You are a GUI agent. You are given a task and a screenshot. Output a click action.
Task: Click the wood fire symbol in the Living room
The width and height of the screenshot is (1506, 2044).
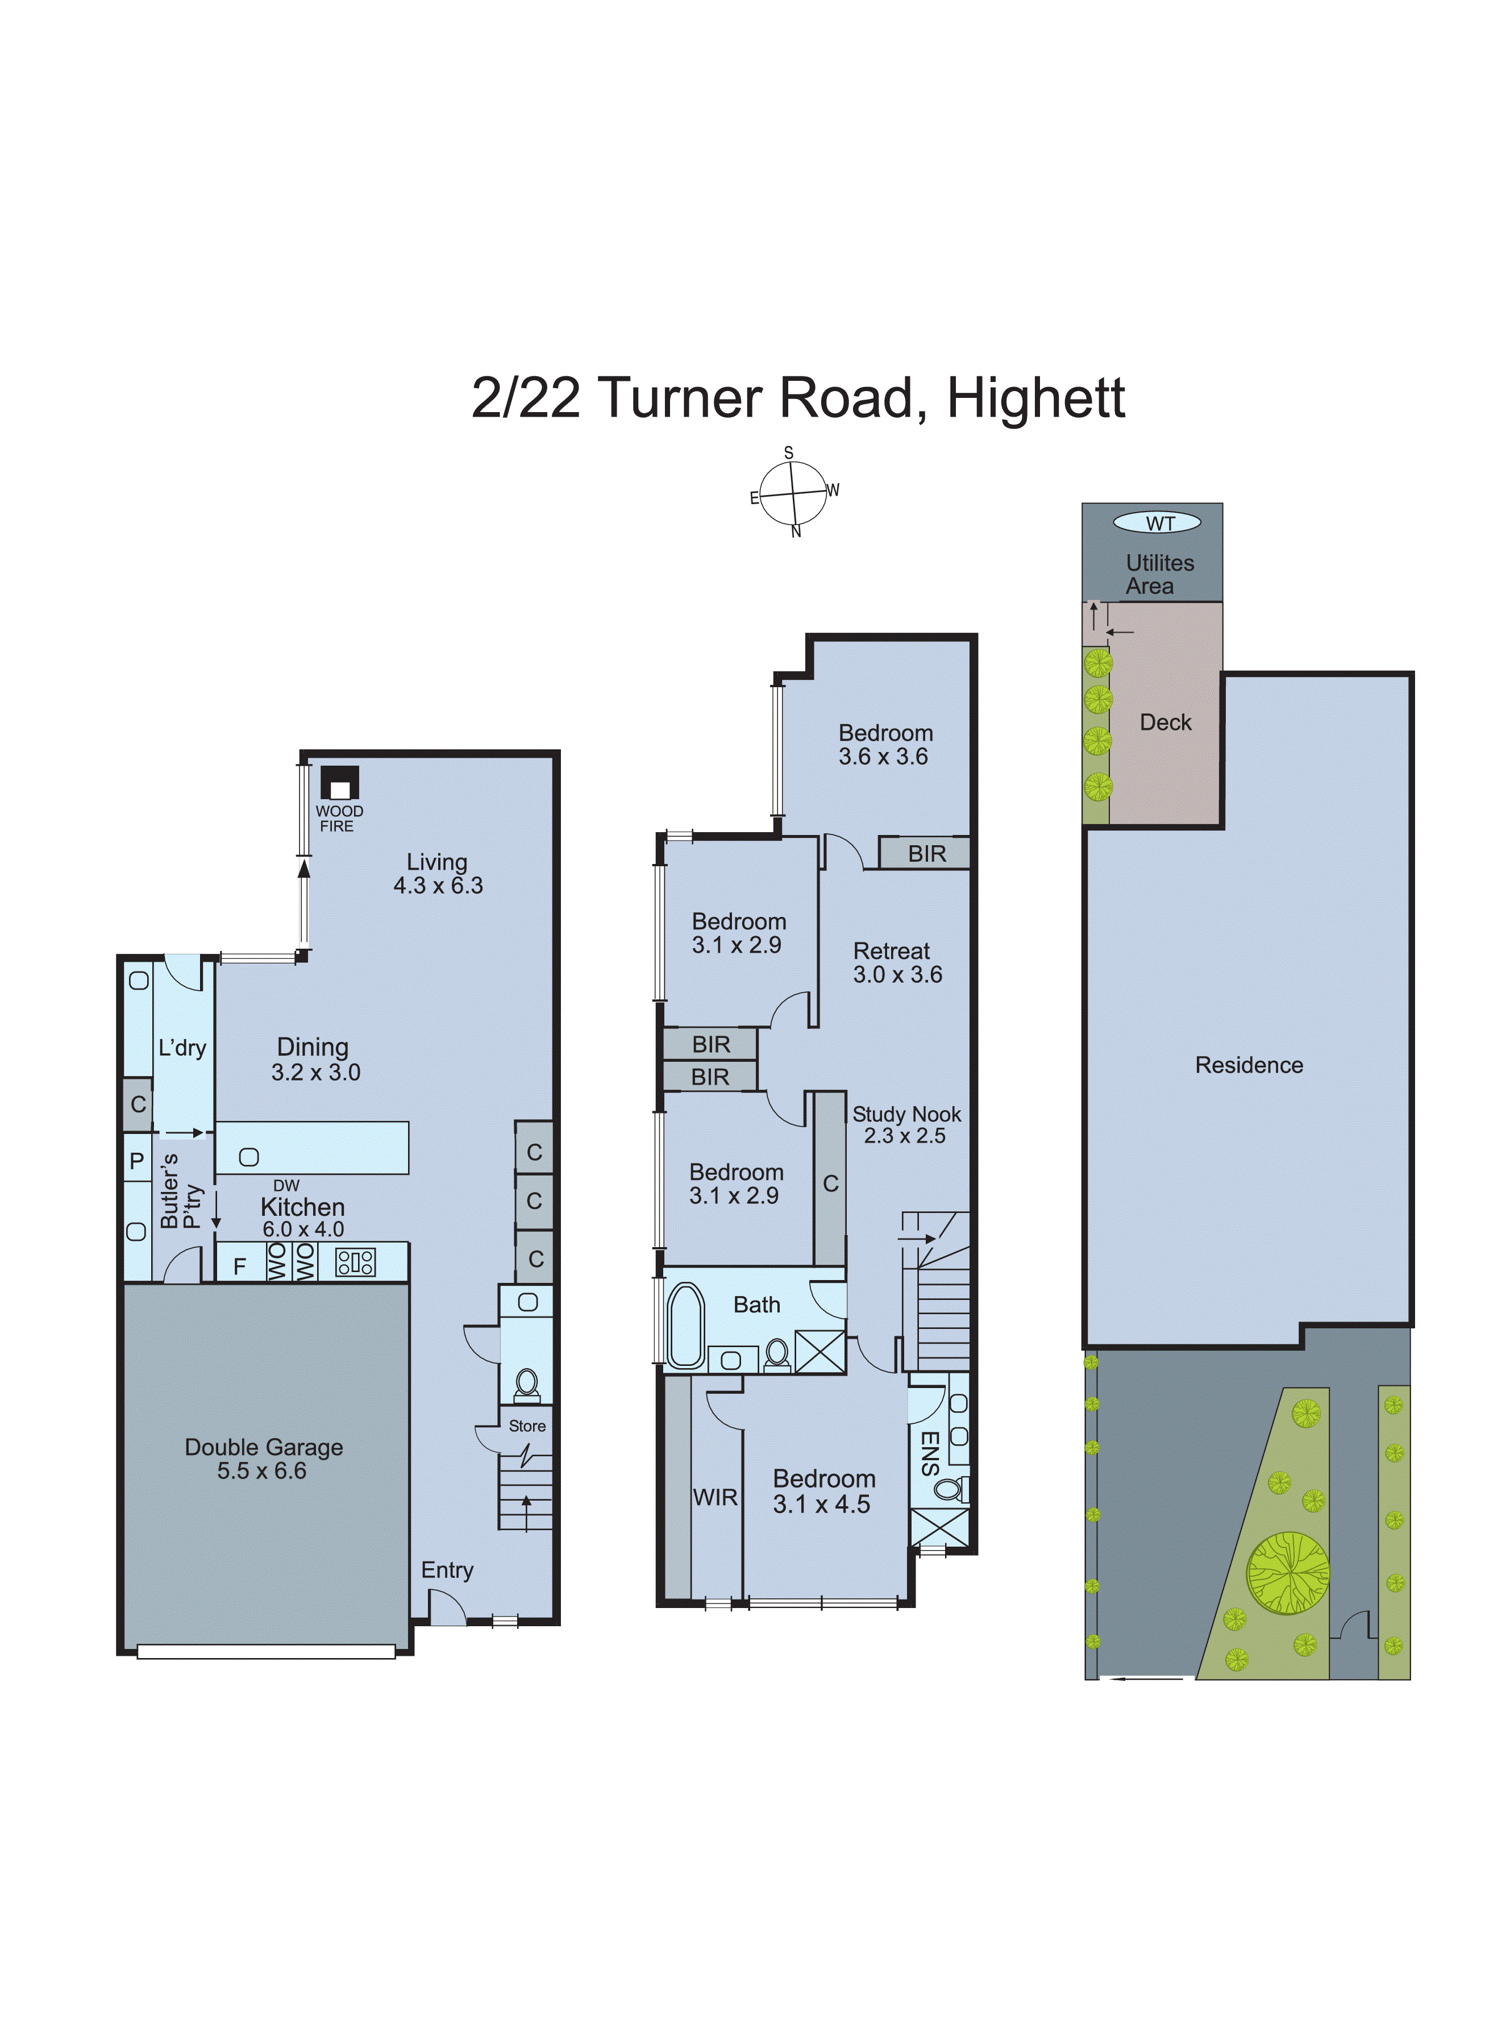(339, 784)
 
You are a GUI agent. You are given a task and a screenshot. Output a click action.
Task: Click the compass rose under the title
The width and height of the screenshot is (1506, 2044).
(793, 493)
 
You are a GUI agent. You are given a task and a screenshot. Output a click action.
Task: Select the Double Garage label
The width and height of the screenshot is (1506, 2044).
(264, 1447)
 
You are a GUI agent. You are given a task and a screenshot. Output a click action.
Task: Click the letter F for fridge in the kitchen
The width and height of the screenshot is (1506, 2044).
(240, 1266)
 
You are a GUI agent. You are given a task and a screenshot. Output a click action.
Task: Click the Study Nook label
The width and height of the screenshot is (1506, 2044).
(906, 1114)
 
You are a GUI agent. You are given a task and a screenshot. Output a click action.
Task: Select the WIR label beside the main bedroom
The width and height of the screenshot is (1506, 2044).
(715, 1497)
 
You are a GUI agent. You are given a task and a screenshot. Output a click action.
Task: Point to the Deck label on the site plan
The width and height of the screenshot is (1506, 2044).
(1165, 723)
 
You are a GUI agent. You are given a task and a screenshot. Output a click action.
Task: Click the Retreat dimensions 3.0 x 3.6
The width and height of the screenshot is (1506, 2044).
(897, 975)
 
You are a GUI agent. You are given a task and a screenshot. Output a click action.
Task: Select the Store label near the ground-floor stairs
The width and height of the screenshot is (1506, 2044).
(527, 1426)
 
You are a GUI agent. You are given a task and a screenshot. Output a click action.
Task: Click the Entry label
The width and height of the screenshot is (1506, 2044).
(447, 1570)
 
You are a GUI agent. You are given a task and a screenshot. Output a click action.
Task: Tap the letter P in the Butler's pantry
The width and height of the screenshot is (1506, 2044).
(137, 1161)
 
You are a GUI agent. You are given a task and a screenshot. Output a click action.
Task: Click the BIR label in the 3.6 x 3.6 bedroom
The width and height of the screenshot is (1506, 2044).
(926, 854)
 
